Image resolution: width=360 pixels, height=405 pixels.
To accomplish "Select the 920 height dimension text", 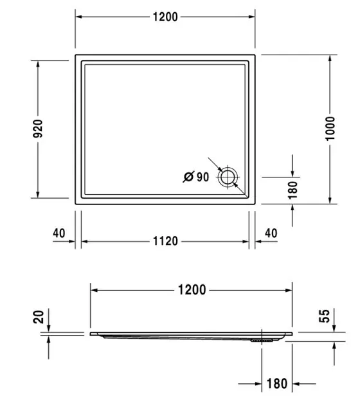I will pos(38,129).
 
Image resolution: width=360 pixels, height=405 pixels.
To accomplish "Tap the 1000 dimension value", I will pos(330,129).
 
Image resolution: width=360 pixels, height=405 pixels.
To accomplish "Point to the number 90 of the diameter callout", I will pos(203,177).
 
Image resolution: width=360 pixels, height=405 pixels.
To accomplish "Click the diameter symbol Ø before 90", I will pos(189,177).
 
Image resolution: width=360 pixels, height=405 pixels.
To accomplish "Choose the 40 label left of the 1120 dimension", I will pos(59,233).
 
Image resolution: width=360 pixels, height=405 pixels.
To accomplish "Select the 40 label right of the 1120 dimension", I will pos(271,233).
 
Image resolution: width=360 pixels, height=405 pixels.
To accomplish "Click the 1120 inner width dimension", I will pos(165,241).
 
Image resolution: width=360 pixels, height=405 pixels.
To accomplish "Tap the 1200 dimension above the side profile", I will pos(192,290).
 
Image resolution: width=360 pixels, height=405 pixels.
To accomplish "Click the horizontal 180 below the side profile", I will pos(276,384).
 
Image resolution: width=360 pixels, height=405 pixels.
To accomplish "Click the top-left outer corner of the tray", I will pos(76,55).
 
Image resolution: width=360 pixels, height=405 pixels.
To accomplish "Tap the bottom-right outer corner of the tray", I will pos(255,203).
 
